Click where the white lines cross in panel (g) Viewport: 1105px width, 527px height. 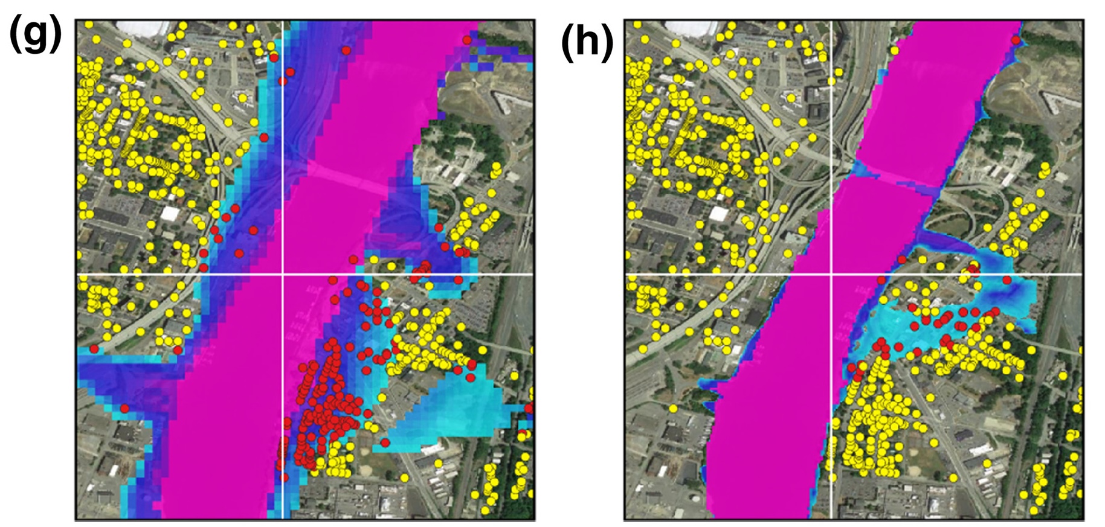click(283, 275)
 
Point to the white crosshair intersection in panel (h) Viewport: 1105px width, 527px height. click(831, 275)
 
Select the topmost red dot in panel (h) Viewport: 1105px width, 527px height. click(1016, 40)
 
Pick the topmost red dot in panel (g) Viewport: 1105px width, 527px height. click(466, 40)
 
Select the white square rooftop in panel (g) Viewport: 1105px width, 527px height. click(170, 214)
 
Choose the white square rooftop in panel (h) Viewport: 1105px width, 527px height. click(718, 214)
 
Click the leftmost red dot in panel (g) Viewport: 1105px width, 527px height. click(94, 349)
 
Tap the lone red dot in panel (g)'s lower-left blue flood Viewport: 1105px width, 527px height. click(124, 409)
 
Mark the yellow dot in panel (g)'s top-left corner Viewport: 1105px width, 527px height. click(89, 25)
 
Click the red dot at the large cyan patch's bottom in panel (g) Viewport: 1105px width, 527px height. click(385, 443)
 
